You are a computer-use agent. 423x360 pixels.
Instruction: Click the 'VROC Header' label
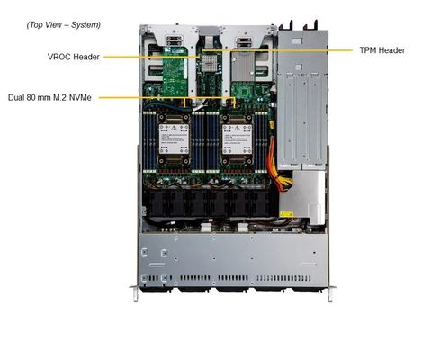click(x=73, y=56)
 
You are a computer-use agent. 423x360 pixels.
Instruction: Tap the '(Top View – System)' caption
click(x=63, y=24)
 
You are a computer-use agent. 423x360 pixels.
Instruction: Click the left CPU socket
click(x=175, y=138)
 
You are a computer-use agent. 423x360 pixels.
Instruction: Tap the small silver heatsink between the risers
click(x=209, y=63)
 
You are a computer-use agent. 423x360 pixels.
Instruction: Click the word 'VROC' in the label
click(x=61, y=56)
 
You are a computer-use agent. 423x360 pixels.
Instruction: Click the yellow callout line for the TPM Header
click(x=315, y=50)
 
